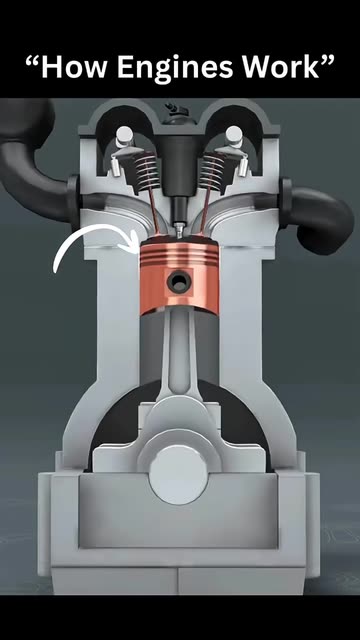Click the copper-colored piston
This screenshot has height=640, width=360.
pos(179,277)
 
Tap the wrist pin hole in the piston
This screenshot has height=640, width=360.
pos(179,282)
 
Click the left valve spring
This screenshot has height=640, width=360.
pos(146,172)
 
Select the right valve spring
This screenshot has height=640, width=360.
pos(213,172)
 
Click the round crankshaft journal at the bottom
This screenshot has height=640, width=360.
pos(178,475)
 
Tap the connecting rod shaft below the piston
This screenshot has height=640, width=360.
pos(179,351)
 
